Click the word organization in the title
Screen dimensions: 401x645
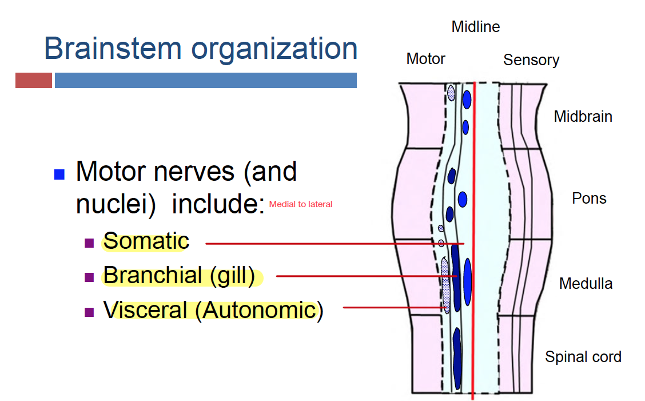click(274, 49)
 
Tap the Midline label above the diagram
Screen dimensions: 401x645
click(476, 27)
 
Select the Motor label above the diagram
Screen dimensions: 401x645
click(425, 58)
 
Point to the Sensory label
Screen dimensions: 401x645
click(531, 60)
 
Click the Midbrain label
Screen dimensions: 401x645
click(583, 117)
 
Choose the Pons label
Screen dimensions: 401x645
click(589, 198)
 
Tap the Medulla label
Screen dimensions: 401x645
click(586, 283)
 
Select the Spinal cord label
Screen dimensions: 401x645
click(583, 357)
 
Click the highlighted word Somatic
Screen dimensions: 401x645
click(146, 241)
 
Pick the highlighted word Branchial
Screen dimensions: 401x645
click(153, 276)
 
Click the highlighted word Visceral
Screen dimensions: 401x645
click(145, 310)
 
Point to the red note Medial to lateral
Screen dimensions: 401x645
click(301, 204)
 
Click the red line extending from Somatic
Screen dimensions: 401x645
click(332, 244)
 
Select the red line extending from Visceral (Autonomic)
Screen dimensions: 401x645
click(395, 308)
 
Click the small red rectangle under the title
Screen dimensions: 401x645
click(34, 80)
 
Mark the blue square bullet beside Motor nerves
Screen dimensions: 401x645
click(59, 174)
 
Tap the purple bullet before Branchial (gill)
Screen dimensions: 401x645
click(89, 277)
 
